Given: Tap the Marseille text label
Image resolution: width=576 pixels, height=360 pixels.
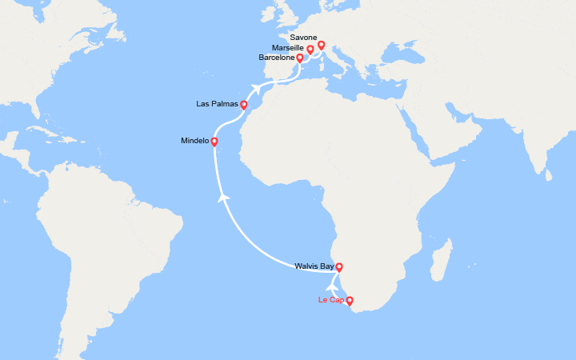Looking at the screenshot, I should click(x=287, y=48).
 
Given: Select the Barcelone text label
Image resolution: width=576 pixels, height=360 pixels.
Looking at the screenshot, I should click(x=277, y=58).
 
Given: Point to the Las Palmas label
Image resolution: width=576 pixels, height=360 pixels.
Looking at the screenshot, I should click(x=217, y=104).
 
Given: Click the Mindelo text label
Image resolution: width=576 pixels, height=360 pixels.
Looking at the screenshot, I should click(x=195, y=141).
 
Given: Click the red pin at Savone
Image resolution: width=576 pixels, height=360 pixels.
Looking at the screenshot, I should click(x=321, y=45).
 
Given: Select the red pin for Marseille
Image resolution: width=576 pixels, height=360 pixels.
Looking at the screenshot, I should click(x=310, y=50).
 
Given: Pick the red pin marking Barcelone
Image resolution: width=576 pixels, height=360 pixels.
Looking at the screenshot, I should click(x=299, y=58).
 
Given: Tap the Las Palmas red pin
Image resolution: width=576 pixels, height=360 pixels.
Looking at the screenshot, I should click(x=243, y=105).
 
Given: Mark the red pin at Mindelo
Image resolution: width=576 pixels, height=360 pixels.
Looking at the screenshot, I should click(x=214, y=142).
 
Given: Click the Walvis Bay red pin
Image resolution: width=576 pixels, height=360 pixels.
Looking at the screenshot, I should click(x=338, y=267).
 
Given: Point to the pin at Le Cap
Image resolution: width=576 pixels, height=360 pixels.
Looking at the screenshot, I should click(x=349, y=301).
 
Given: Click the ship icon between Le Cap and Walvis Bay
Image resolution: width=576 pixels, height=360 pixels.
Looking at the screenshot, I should click(x=332, y=284).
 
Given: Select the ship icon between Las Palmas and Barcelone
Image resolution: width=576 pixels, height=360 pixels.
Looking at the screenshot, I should click(x=256, y=88).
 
